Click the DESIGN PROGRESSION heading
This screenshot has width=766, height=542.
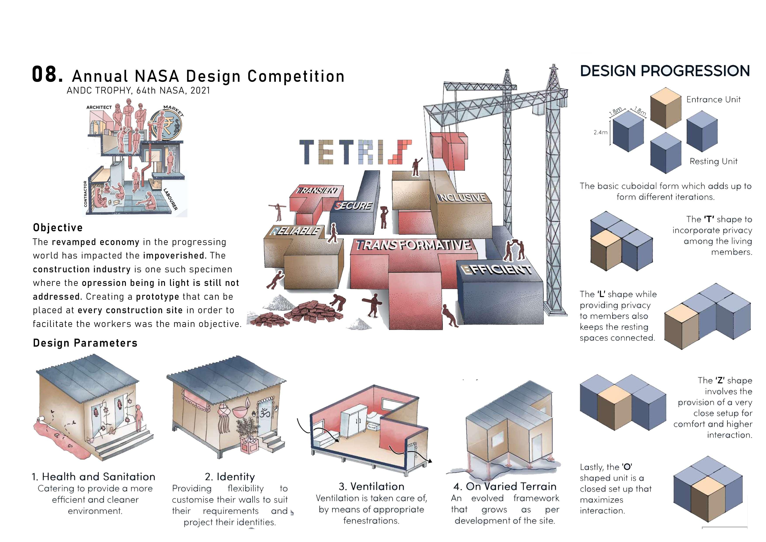pos(665,71)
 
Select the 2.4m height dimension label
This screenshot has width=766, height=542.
pos(600,132)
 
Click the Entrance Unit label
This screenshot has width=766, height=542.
pos(713,99)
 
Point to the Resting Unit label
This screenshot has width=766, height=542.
pos(713,162)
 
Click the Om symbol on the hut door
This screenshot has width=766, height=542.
pos(265,414)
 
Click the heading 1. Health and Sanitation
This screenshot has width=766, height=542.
pos(94,477)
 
